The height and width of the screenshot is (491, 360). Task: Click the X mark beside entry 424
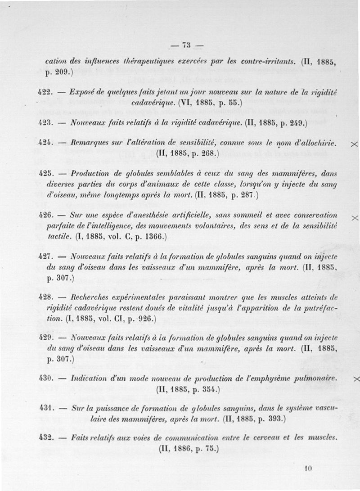click(354, 144)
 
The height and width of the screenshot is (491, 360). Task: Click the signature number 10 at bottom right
click(308, 468)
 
